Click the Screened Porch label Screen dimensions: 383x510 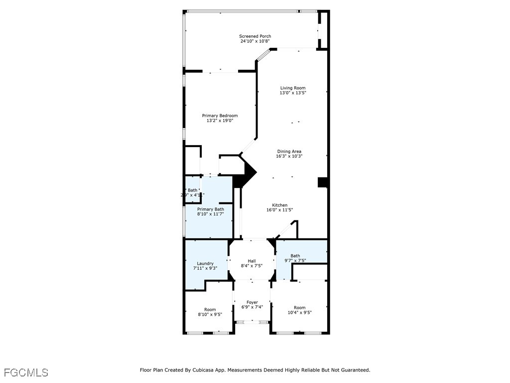(x=255, y=36)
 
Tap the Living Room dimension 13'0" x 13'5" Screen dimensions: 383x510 (x=292, y=93)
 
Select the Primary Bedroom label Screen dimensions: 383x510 (x=220, y=116)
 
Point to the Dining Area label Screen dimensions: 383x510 (x=289, y=152)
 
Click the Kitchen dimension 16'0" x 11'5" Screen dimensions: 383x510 (x=279, y=210)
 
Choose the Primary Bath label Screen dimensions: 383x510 (x=210, y=209)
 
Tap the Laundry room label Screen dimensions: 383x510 (x=205, y=263)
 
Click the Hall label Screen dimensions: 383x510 (x=252, y=261)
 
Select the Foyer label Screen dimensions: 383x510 (x=252, y=302)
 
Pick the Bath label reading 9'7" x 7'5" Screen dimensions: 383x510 (x=295, y=256)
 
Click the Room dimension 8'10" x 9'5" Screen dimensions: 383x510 (x=210, y=315)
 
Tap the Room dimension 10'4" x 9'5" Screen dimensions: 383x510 (x=299, y=313)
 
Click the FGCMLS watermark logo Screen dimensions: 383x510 (x=26, y=373)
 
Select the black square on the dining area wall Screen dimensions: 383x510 (x=322, y=183)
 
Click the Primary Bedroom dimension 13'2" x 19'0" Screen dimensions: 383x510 (x=220, y=121)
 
